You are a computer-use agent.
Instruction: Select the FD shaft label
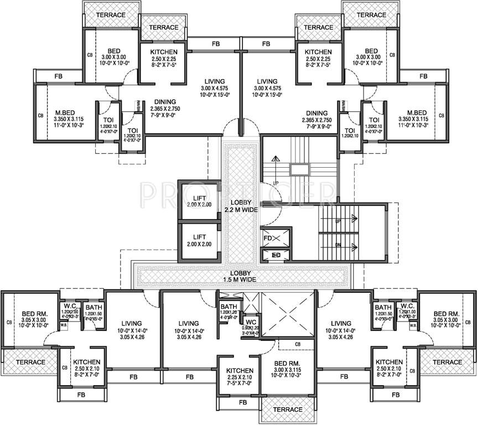[268, 239]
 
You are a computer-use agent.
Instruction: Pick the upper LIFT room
[200, 201]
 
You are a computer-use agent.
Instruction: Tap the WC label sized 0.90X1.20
[250, 322]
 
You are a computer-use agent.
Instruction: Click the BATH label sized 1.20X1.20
[228, 307]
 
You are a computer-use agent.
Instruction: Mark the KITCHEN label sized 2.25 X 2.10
[239, 370]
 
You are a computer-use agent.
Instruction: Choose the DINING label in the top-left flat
[165, 102]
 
